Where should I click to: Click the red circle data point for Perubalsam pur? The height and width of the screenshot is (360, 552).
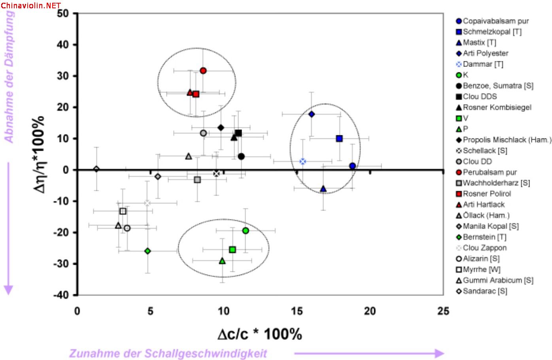(x=203, y=71)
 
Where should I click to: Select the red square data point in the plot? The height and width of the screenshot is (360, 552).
(x=196, y=94)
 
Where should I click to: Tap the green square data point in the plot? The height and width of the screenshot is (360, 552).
(x=233, y=250)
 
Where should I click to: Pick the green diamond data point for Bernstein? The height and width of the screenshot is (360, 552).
(x=147, y=251)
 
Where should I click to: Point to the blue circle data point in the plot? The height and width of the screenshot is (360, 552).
(x=352, y=166)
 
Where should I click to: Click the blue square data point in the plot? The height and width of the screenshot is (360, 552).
(x=339, y=138)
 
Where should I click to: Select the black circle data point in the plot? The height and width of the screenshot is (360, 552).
(x=241, y=156)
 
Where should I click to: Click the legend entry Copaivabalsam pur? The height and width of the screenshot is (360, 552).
(x=495, y=21)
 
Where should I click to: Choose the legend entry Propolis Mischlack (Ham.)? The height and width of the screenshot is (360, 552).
(x=507, y=140)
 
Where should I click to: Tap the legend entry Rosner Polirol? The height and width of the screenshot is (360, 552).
(x=487, y=194)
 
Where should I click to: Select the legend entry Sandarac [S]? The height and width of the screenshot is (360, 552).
(x=485, y=291)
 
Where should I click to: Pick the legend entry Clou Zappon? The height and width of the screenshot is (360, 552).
(x=484, y=248)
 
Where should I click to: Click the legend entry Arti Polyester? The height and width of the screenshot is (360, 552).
(x=485, y=53)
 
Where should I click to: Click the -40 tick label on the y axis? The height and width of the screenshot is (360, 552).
(x=61, y=295)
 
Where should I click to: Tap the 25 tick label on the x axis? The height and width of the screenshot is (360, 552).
(x=443, y=311)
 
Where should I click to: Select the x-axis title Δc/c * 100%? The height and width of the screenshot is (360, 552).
(x=259, y=334)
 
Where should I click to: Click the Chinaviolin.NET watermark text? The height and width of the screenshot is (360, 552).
(x=31, y=6)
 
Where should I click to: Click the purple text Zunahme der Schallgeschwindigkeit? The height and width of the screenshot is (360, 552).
(x=168, y=353)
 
